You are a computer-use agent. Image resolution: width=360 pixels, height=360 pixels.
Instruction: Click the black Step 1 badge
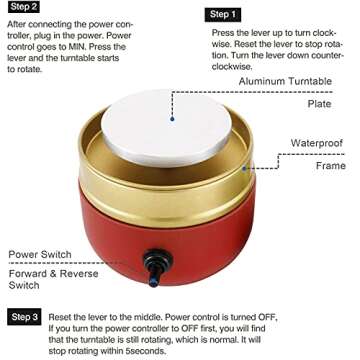click(x=223, y=15)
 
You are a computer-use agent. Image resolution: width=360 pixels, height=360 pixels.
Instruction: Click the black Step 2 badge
click(x=24, y=7)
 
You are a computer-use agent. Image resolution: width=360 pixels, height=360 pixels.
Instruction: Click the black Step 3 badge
click(x=24, y=317)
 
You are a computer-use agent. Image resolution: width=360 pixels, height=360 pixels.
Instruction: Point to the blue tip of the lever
click(x=153, y=283)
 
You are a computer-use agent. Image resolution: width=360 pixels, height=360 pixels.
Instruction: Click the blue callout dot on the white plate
click(x=172, y=118)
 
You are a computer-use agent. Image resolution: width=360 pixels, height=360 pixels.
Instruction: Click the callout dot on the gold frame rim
click(x=244, y=168)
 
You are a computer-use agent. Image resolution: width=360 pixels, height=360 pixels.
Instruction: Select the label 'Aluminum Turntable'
click(x=285, y=81)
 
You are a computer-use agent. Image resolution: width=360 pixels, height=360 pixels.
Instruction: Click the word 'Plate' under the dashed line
click(x=319, y=104)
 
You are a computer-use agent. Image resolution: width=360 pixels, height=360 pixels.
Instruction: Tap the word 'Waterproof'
click(x=317, y=143)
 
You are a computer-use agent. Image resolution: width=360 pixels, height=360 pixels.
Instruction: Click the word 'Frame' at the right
click(x=331, y=165)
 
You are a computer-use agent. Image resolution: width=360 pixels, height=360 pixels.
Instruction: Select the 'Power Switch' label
click(x=40, y=255)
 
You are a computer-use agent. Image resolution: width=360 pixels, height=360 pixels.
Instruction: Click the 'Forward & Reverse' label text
click(x=53, y=274)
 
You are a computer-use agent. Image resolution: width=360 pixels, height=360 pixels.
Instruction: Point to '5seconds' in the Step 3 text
click(x=145, y=351)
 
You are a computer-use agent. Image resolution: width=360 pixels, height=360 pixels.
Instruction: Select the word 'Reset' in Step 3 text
click(x=60, y=317)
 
